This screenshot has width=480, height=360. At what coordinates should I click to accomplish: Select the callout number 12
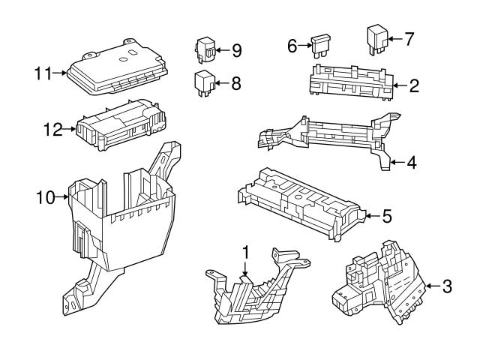pos(51,130)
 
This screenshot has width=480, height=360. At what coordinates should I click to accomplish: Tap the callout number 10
pos(46,197)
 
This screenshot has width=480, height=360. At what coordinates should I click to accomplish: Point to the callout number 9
pos(236,50)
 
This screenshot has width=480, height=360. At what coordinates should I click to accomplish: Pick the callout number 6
pos(293,46)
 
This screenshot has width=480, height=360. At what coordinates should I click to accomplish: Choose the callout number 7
pos(408,39)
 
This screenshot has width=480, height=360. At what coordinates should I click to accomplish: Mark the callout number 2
pos(413,85)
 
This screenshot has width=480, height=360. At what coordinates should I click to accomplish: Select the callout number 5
pos(385,217)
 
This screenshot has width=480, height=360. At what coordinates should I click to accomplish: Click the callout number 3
pos(447,286)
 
